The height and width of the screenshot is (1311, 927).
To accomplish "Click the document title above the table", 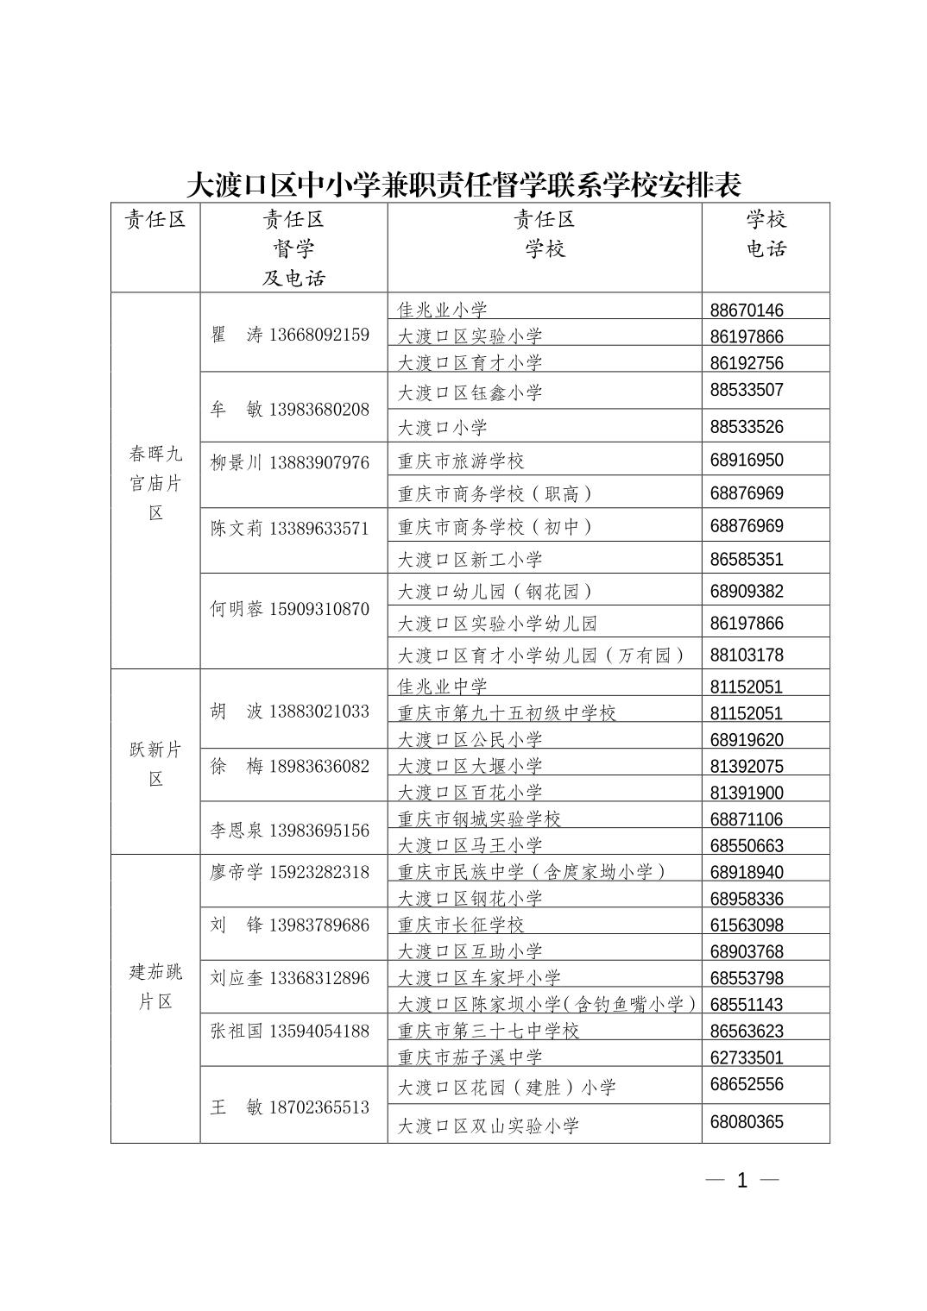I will pos(463,185).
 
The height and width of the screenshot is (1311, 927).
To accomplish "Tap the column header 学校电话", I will pos(766,234).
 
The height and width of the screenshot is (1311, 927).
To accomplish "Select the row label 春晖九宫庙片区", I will pos(155,483).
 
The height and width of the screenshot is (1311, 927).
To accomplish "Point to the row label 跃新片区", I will pos(155,764).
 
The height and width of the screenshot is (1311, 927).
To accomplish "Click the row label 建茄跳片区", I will pos(155,987).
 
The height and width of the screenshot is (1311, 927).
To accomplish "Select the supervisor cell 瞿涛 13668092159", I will pos(290,335).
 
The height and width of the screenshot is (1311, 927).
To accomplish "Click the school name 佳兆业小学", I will pos(443,310).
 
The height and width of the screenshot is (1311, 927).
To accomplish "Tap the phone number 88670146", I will pos(747,310).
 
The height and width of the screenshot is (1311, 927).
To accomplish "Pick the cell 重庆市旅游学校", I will pos(461,461).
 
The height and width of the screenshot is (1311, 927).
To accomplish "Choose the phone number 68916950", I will pos(747,461).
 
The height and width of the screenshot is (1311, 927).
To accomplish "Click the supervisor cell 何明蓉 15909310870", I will pos(290,609).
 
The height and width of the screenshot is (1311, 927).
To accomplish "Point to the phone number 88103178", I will pos(747,655).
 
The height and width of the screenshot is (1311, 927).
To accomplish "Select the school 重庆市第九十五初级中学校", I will pos(507,713).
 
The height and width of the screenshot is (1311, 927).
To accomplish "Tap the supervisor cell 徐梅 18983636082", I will pos(290,766).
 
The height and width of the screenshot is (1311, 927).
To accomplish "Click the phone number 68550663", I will pos(747,845).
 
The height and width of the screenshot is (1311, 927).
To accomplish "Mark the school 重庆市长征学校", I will pos(461,925).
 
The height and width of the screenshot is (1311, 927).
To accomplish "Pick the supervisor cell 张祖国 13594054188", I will pos(290,1031).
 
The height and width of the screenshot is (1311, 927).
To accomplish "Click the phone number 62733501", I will pos(747,1057).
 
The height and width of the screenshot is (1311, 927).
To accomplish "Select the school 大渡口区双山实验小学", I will pos(489,1126).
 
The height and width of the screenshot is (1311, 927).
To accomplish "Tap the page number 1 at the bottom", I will pos(742,1181).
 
